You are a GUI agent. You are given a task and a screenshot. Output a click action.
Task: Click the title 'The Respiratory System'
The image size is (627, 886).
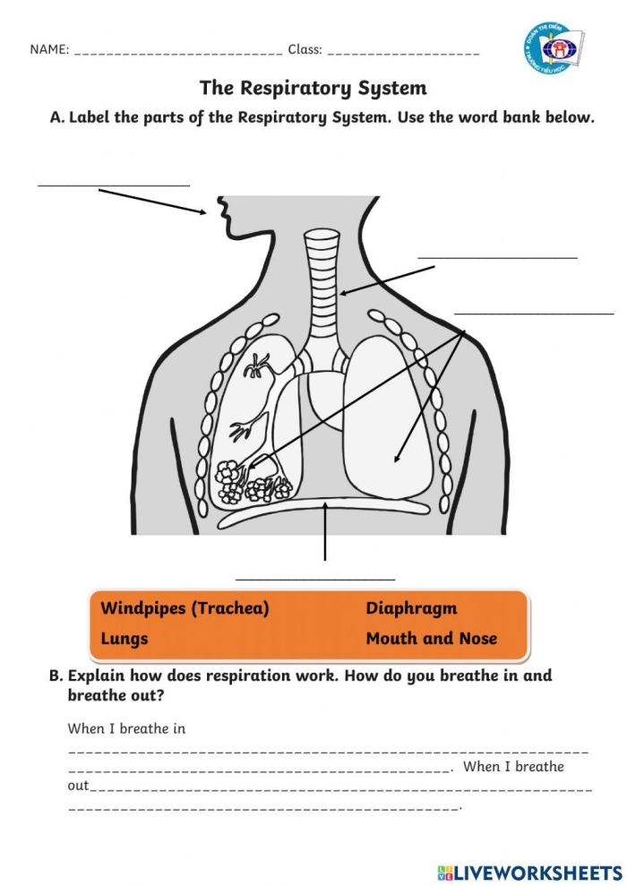point(313,88)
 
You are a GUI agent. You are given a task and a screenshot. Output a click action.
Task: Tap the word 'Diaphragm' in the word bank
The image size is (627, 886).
point(411,608)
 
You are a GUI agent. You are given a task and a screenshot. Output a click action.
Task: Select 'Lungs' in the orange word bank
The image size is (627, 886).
point(125,639)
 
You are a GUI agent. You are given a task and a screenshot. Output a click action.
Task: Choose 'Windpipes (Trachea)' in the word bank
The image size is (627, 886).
point(185,608)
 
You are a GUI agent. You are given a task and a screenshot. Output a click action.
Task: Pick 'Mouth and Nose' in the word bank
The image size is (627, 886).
point(431,639)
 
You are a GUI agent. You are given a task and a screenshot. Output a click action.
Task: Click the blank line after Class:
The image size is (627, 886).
point(403,52)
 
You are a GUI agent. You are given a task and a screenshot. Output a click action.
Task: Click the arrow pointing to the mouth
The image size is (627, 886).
point(152,202)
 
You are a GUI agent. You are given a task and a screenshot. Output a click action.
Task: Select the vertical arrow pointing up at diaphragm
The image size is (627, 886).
point(325,532)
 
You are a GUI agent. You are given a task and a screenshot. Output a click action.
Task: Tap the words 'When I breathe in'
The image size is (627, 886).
point(126,728)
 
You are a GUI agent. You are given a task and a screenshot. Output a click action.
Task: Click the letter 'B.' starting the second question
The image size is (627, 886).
point(56,675)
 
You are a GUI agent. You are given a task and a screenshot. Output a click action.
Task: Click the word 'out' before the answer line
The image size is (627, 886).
point(78,786)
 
